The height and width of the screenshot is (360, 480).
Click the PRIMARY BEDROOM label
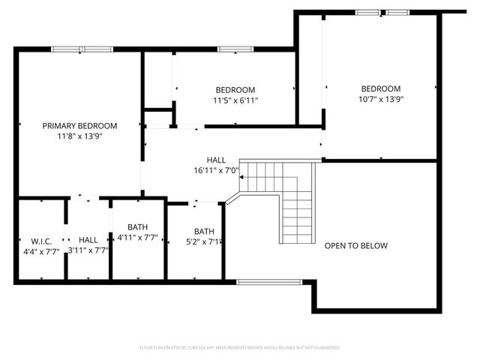79,126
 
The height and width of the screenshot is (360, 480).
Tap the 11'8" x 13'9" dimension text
79,137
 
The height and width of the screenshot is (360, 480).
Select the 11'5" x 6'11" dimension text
235,100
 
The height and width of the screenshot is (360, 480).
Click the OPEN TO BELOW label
356,246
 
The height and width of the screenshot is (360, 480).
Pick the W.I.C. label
40,240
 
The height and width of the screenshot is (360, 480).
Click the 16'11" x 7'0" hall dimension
215,170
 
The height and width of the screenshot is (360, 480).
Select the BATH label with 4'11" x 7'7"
138,227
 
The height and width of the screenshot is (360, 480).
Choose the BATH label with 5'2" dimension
204,231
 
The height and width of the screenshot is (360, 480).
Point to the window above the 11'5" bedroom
229,49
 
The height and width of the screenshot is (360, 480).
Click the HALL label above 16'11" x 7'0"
216,160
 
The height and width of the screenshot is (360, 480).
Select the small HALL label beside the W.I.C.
88,240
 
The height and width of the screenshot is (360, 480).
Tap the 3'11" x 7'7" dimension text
88,250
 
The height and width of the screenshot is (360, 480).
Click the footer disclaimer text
240,348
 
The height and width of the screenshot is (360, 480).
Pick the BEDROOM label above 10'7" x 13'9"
380,88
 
